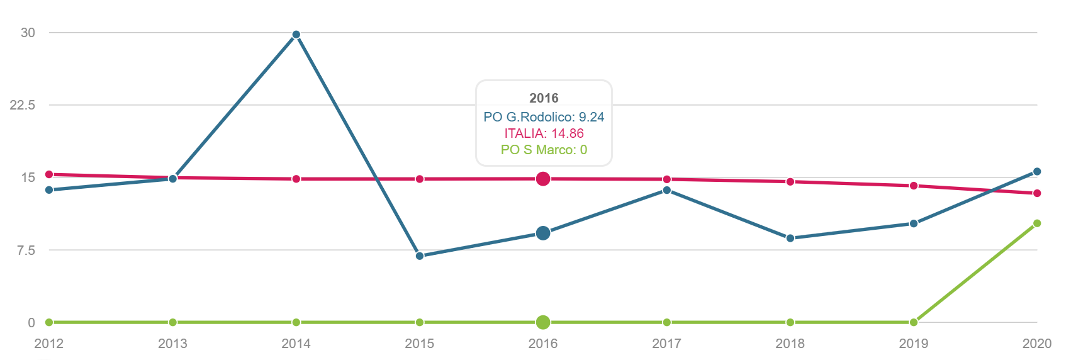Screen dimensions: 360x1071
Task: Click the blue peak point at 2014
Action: click(x=296, y=35)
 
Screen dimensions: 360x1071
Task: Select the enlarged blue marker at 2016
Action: click(x=543, y=233)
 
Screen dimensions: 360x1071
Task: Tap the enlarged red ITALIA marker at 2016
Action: click(x=543, y=179)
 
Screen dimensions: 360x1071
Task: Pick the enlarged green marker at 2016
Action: click(x=543, y=322)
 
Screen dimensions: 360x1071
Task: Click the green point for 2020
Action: click(x=1037, y=223)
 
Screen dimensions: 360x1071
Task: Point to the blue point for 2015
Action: click(x=420, y=256)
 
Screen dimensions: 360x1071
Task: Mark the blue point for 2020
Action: click(x=1037, y=171)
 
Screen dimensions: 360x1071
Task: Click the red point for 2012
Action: click(x=49, y=174)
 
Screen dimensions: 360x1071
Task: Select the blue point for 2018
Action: click(x=790, y=238)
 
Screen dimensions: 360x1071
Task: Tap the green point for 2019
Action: click(x=914, y=322)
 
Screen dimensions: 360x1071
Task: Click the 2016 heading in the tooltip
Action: click(x=544, y=98)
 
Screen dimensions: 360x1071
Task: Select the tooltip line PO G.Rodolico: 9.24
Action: click(x=544, y=117)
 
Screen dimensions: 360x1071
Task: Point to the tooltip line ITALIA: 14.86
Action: click(x=544, y=133)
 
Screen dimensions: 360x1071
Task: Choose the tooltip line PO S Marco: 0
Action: click(x=544, y=150)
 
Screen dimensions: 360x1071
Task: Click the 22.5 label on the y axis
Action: click(x=23, y=105)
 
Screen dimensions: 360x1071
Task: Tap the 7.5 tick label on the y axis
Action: click(x=26, y=250)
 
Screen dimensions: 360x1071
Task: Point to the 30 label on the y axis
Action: click(x=28, y=33)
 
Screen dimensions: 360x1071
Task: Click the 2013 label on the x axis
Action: click(x=172, y=344)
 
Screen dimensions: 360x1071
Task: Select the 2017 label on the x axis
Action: click(x=666, y=344)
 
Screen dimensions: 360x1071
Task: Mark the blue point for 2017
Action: click(x=666, y=190)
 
